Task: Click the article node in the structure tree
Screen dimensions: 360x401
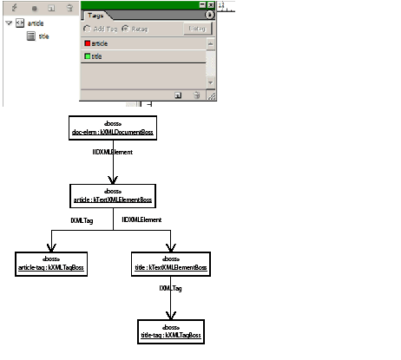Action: pyautogui.click(x=35, y=24)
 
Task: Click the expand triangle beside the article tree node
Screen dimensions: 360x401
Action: pyautogui.click(x=8, y=24)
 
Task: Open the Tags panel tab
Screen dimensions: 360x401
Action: pyautogui.click(x=95, y=15)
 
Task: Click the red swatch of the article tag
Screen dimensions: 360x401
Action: pyautogui.click(x=87, y=43)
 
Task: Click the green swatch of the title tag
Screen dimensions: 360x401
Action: pyautogui.click(x=87, y=56)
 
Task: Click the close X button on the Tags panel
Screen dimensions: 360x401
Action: pyautogui.click(x=210, y=4)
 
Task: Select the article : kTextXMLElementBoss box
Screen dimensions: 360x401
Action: pyautogui.click(x=114, y=196)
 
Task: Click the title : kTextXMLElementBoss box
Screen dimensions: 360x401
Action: pyautogui.click(x=170, y=262)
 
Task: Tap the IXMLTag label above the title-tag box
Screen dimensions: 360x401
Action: pyautogui.click(x=170, y=287)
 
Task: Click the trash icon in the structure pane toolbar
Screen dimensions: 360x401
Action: pyautogui.click(x=69, y=7)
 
